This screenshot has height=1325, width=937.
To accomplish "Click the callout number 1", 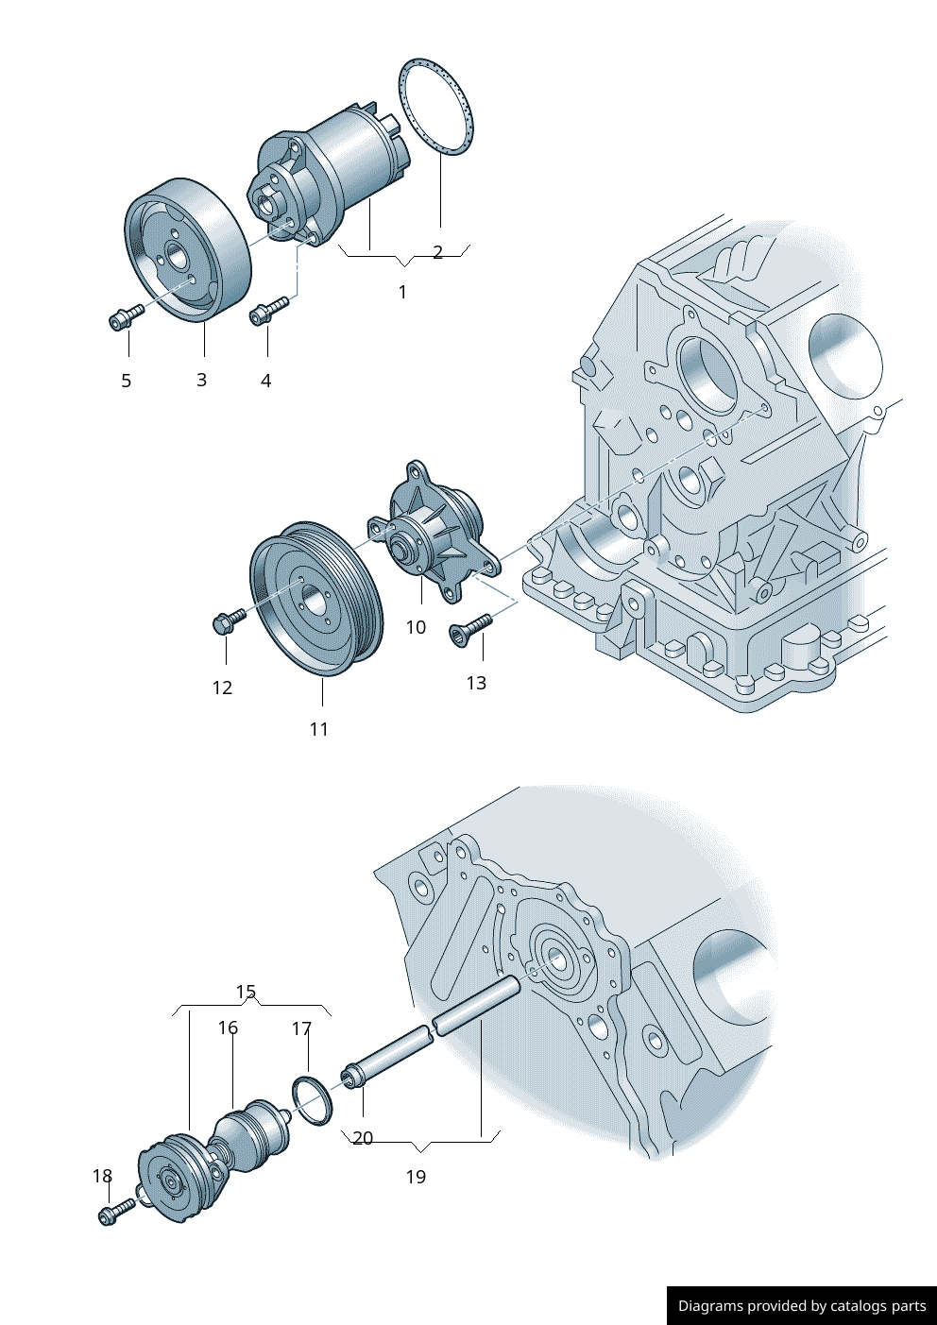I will click(x=402, y=292).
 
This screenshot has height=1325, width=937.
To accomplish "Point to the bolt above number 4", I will click(x=268, y=311).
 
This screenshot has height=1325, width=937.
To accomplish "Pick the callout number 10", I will click(x=416, y=627).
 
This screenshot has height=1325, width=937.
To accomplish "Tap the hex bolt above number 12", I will click(x=228, y=620).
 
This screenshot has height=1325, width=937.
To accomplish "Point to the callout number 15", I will click(x=246, y=992).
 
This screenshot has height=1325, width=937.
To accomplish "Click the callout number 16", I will click(x=228, y=1028).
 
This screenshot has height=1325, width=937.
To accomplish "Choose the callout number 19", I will click(x=416, y=1177).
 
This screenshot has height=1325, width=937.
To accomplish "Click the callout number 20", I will click(x=363, y=1138).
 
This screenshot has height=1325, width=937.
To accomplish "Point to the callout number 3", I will click(x=201, y=380).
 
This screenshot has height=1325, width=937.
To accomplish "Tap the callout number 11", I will click(x=319, y=729).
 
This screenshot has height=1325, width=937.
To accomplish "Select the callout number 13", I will click(x=476, y=683).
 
